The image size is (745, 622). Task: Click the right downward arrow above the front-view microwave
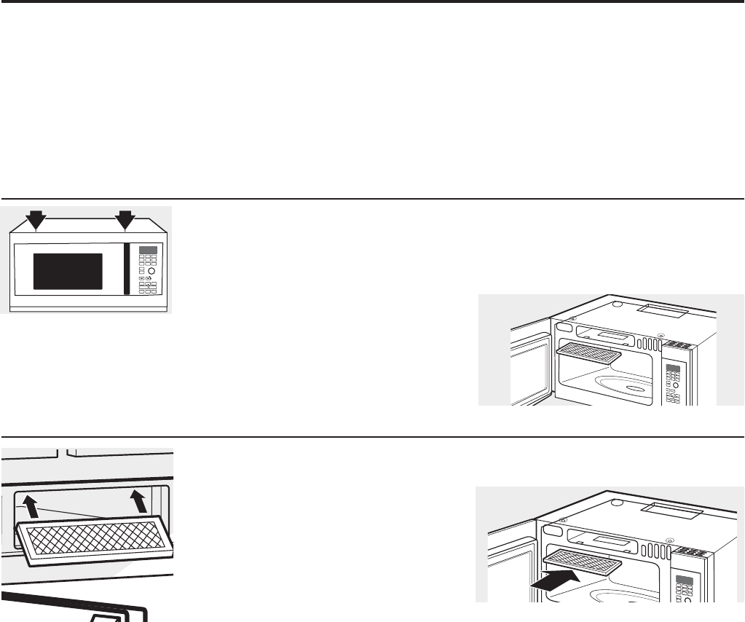tap(126, 218)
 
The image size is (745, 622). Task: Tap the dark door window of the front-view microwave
tap(68, 271)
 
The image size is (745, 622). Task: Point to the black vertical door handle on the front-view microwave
tap(127, 269)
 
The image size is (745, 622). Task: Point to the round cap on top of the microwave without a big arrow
tap(617, 303)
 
